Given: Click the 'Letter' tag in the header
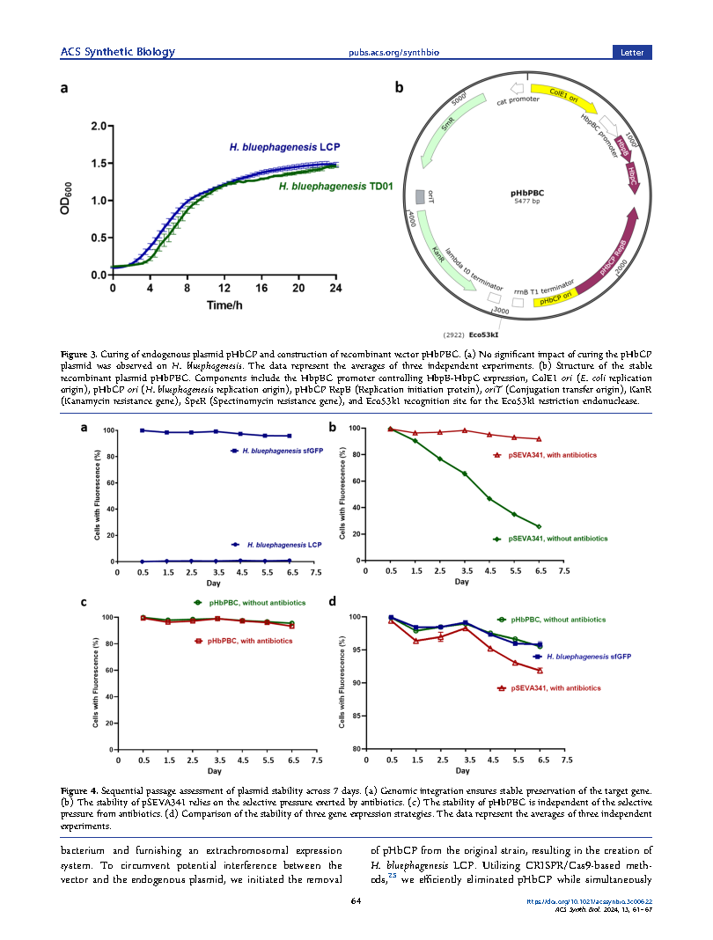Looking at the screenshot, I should click(x=632, y=52).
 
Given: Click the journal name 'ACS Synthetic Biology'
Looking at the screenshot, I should click(x=117, y=52).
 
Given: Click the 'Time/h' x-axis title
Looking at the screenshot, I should click(x=224, y=304).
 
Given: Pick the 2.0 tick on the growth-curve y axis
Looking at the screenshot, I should click(x=97, y=126).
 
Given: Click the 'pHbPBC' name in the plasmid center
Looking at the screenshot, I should click(x=526, y=191).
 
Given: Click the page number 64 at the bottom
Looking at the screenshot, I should click(x=356, y=900).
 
